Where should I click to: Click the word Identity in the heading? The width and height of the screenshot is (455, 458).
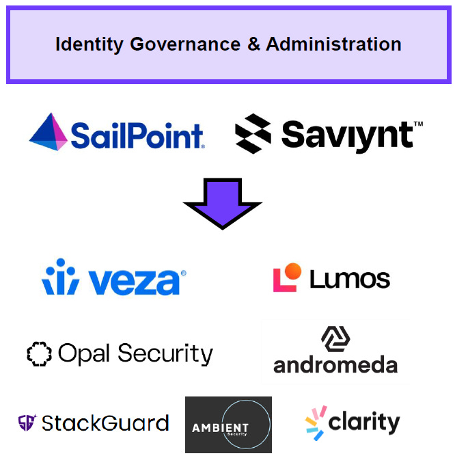pos(89,45)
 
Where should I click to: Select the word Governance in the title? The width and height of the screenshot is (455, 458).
pos(184,45)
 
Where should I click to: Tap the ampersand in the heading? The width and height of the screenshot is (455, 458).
pos(254,45)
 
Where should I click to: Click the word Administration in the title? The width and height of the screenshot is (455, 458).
pos(334,45)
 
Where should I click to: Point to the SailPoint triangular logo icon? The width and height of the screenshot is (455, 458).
pos(49,132)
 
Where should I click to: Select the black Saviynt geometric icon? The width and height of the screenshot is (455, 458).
pos(253,133)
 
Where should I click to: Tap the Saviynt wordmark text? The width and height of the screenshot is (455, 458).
pos(346,135)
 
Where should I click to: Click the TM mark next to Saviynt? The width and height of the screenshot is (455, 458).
pos(418,124)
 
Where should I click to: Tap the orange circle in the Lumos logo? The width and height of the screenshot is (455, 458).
pos(292,271)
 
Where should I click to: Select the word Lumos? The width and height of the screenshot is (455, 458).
pos(350,279)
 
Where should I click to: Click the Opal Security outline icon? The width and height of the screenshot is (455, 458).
pos(39,353)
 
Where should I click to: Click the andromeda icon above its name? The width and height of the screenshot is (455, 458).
pos(335,338)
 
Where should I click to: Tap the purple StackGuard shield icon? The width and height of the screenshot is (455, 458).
pos(27,422)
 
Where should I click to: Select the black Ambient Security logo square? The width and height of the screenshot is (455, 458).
pos(228,425)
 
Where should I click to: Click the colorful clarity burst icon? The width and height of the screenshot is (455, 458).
pos(315,422)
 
